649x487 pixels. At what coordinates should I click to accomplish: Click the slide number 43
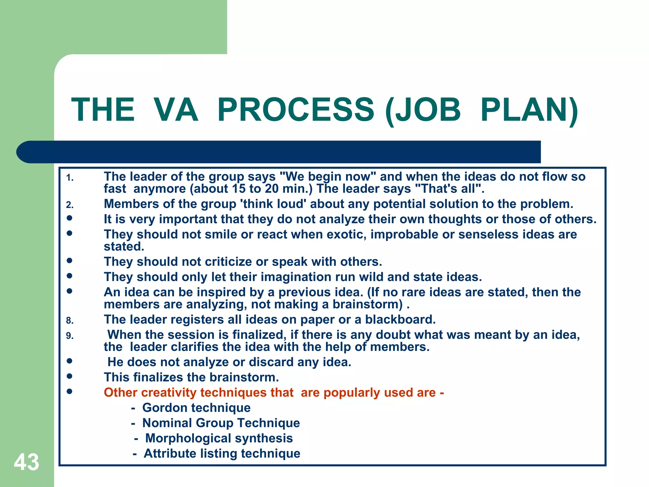click(x=27, y=462)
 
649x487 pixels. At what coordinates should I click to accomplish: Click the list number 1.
click(x=70, y=178)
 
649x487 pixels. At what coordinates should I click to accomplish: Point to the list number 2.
click(x=70, y=205)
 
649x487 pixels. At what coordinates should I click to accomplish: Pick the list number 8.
click(x=70, y=321)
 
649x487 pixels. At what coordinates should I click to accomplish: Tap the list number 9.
click(x=70, y=336)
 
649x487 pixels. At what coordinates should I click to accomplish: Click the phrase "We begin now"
click(x=328, y=177)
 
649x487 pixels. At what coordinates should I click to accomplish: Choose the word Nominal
click(x=167, y=423)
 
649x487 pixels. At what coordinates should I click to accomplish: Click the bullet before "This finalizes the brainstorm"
click(x=70, y=376)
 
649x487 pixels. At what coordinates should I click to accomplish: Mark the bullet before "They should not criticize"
click(x=70, y=261)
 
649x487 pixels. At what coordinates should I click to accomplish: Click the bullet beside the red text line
click(x=70, y=391)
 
